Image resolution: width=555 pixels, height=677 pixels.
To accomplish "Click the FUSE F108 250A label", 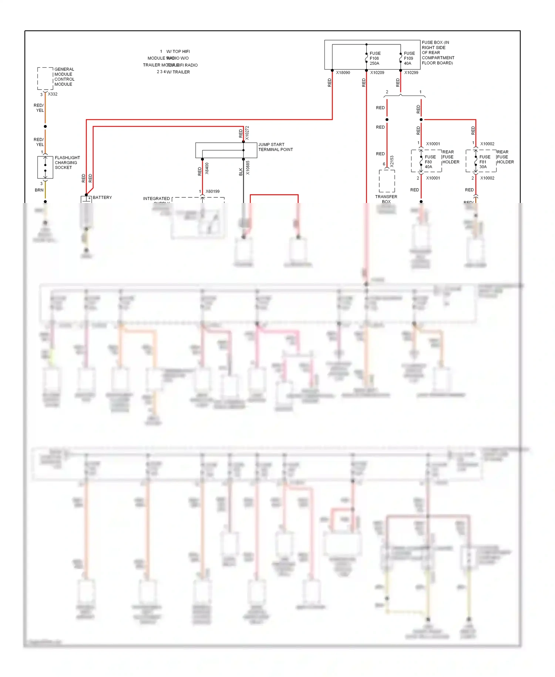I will click(x=375, y=59).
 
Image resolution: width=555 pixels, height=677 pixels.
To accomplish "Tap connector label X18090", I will click(x=343, y=73).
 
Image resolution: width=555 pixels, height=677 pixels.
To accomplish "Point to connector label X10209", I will click(x=377, y=73).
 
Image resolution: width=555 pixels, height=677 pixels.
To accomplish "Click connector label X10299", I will click(x=411, y=73).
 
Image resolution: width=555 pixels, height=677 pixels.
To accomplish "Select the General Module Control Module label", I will click(x=64, y=77).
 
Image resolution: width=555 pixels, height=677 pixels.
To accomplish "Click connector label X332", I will click(x=53, y=94).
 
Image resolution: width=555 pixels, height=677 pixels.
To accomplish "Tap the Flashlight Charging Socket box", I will click(x=45, y=167).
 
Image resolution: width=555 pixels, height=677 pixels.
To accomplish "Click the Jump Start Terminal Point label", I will click(x=275, y=147).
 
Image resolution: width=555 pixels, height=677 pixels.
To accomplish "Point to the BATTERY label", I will click(x=102, y=197).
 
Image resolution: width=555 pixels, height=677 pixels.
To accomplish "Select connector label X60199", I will click(x=212, y=191).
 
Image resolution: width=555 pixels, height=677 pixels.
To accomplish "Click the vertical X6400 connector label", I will click(x=207, y=169).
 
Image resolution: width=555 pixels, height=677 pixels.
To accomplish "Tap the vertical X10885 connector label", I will click(x=248, y=168).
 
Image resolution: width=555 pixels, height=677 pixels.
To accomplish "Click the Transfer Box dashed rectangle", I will click(x=387, y=181).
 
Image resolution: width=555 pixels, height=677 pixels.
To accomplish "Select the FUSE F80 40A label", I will click(x=430, y=162).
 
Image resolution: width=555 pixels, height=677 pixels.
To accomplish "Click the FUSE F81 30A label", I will click(x=485, y=162).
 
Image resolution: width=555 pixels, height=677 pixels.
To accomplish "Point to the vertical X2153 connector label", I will click(x=392, y=161).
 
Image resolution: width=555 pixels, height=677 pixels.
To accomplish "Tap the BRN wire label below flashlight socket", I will click(x=39, y=190).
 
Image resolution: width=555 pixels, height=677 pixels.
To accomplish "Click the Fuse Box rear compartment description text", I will click(x=438, y=53).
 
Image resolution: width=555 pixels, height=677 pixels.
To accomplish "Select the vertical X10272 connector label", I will click(x=247, y=133).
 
